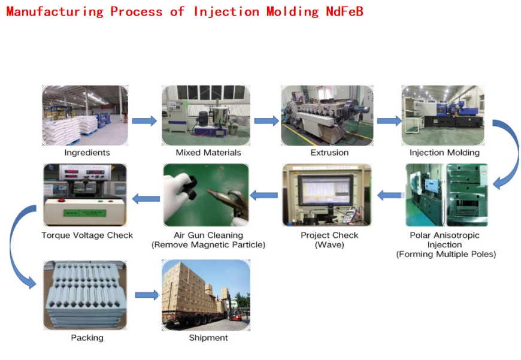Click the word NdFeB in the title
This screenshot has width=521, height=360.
point(344,11)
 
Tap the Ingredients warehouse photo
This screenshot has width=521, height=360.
point(85,116)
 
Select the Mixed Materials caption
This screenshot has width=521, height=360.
point(208,153)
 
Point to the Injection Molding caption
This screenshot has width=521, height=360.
point(444,153)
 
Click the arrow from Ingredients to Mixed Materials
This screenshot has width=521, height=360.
point(144,121)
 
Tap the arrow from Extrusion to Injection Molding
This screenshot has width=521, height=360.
point(389,121)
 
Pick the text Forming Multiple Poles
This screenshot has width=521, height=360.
point(446,255)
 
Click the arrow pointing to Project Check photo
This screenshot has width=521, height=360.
point(389,195)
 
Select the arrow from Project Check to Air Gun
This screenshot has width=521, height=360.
point(264,195)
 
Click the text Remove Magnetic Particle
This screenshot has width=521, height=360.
point(208,244)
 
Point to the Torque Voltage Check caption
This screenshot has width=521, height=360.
point(87,235)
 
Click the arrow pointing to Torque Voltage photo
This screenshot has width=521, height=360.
point(146,198)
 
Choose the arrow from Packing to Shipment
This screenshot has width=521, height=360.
point(147,295)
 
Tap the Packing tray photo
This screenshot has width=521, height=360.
point(85,295)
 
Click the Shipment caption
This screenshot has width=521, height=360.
point(208,338)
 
